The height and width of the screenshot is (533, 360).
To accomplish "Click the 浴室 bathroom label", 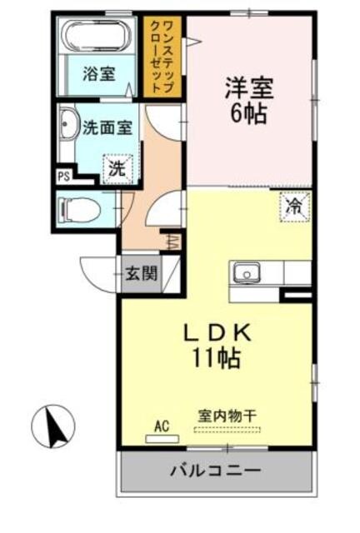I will (x=98, y=74).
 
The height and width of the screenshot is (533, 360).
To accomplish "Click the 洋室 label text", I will (x=247, y=87).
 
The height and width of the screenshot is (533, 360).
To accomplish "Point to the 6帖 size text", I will (x=247, y=113).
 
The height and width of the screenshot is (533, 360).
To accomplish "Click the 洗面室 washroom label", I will (x=106, y=128).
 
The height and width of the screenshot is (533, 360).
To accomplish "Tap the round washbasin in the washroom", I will (x=68, y=127).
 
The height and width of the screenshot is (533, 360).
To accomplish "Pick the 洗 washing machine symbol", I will (x=117, y=167).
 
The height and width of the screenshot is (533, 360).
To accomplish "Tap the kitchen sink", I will (x=247, y=272).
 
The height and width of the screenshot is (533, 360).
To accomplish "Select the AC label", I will (x=161, y=426).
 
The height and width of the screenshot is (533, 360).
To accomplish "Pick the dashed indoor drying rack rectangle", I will (x=227, y=430).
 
